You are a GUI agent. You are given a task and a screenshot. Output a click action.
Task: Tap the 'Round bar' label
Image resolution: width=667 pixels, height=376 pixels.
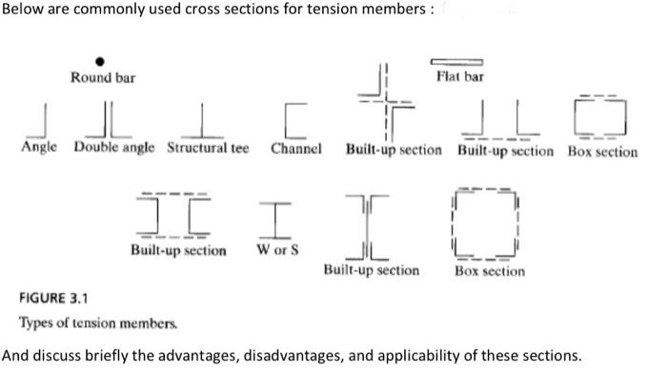103,77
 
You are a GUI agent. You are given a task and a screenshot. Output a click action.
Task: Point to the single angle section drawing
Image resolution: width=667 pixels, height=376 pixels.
40,120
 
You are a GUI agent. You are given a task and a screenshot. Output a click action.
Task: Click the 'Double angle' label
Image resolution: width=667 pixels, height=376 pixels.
115,149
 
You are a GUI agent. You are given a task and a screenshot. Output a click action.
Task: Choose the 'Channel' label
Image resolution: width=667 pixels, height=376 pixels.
295,149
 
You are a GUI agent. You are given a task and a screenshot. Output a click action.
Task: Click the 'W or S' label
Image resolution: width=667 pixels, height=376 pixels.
277,250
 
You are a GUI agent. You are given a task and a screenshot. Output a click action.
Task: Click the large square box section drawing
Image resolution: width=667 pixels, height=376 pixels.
487,223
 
